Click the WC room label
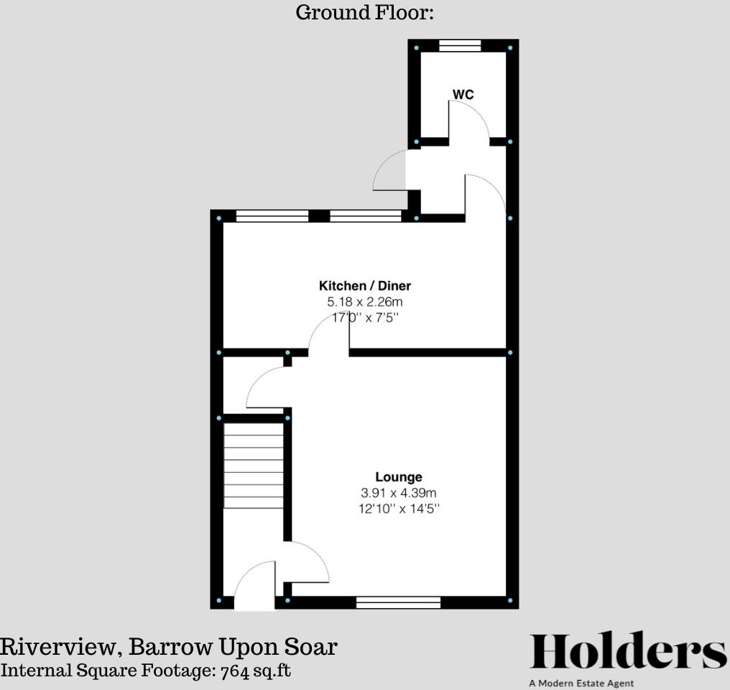(x=463, y=95)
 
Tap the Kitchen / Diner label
(x=365, y=286)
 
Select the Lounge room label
(x=399, y=477)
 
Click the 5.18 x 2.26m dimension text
(x=365, y=302)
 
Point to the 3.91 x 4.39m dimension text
(x=399, y=493)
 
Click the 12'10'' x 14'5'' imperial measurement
(x=399, y=509)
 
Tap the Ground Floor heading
(x=364, y=12)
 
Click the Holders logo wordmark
(x=628, y=653)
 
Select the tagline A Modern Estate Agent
(x=581, y=684)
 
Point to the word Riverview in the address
(x=60, y=647)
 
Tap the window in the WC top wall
(x=460, y=46)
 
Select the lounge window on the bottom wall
(x=398, y=602)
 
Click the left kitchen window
(x=272, y=216)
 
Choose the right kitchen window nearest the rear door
(x=365, y=216)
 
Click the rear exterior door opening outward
(x=389, y=171)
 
